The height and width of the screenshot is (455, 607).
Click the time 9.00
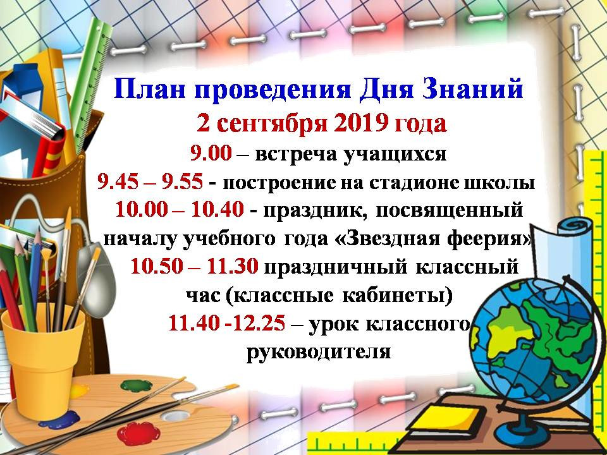[211, 154]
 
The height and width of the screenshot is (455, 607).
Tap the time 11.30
[233, 267]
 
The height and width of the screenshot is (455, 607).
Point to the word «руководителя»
[318, 352]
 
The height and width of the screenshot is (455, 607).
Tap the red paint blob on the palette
[138, 434]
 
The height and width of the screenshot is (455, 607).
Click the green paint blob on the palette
[137, 385]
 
